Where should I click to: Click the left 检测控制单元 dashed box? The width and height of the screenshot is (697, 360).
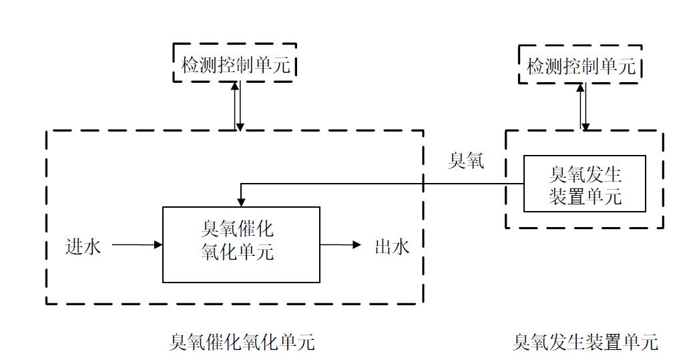234,63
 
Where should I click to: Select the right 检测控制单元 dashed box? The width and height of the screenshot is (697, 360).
580,65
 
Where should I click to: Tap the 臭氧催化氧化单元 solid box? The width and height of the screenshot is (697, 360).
241,244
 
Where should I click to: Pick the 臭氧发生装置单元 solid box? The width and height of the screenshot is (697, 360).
584,183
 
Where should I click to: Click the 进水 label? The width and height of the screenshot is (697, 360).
83,246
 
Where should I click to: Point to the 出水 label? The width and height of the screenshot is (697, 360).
391,246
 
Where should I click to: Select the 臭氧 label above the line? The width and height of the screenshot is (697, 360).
466,161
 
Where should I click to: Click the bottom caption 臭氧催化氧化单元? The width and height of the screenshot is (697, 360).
242,343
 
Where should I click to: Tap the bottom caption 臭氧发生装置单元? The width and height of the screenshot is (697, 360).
585,343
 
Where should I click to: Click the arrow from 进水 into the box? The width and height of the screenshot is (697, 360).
137,245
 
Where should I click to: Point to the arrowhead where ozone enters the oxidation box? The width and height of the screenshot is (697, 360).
241,202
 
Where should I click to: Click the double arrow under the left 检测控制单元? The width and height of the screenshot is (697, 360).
238,106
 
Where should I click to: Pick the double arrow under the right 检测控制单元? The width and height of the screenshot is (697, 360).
584,107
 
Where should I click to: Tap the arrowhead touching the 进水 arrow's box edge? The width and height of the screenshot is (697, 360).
159,245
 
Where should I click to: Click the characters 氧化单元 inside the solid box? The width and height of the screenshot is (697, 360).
237,254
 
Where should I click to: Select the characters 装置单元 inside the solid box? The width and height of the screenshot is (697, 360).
585,197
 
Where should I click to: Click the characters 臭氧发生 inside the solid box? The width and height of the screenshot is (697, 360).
585,174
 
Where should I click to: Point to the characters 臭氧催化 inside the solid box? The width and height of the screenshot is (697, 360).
237,230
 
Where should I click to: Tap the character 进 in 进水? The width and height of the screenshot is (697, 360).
74,246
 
